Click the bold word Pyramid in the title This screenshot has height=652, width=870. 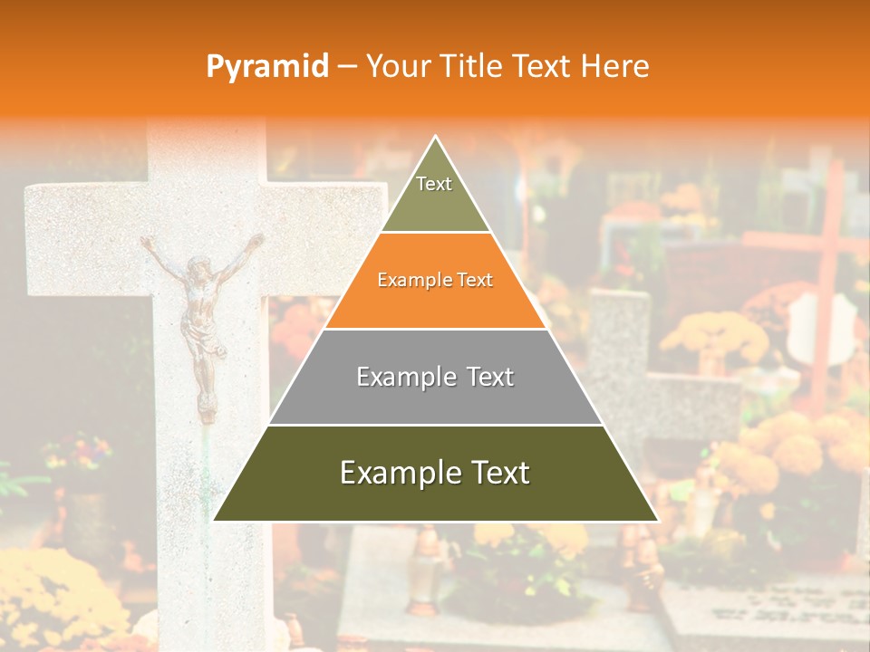pyautogui.click(x=267, y=67)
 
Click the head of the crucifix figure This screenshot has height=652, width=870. pyautogui.click(x=196, y=268)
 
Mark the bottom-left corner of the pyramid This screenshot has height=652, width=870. pyautogui.click(x=215, y=520)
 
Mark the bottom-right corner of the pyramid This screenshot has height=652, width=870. pyautogui.click(x=657, y=520)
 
